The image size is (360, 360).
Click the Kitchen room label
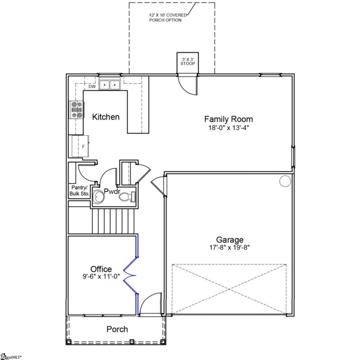[x=106, y=117]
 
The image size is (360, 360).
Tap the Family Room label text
[x=228, y=119]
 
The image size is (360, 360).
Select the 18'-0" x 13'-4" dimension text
[x=228, y=127]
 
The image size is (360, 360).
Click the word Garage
[x=229, y=240]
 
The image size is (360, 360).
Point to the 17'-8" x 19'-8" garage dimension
[x=229, y=247]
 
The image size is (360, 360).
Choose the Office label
[x=101, y=269]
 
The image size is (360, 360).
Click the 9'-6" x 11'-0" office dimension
[x=101, y=277]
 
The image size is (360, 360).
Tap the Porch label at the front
[x=117, y=329]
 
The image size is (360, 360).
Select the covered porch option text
[x=167, y=18]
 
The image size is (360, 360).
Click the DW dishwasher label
[x=92, y=86]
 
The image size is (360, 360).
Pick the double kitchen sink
[x=109, y=84]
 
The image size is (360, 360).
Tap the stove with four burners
[x=76, y=110]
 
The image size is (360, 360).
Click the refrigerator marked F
[x=81, y=146]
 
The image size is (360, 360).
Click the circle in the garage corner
[x=285, y=181]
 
